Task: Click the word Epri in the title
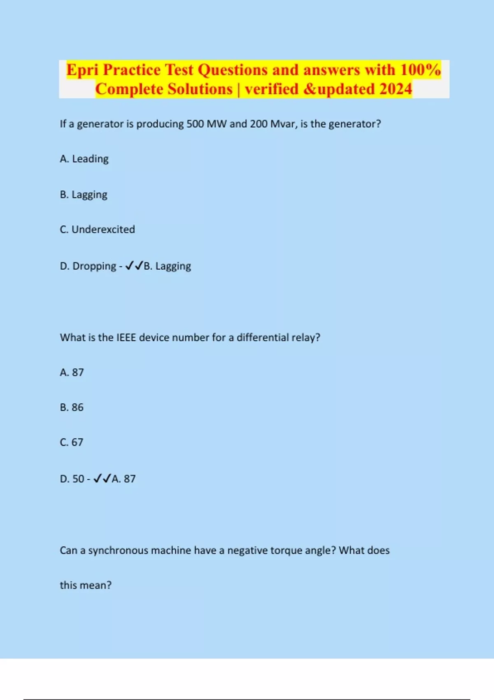tap(82, 70)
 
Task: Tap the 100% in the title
tap(420, 70)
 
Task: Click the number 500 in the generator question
tap(195, 124)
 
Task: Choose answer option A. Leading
tap(84, 159)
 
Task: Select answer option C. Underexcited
tap(97, 229)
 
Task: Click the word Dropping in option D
tap(94, 266)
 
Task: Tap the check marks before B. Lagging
tap(134, 266)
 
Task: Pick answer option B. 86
tap(72, 407)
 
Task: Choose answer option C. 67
tap(72, 442)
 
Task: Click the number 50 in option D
tap(78, 479)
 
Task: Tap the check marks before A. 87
tap(102, 478)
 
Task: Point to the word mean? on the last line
tap(97, 585)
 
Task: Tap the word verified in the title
tap(272, 89)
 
